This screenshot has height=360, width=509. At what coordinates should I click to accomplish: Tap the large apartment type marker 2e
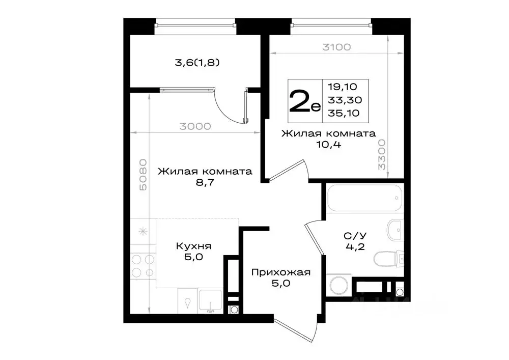pos(304,101)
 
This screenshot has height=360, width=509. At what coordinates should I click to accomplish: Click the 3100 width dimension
pos(336,47)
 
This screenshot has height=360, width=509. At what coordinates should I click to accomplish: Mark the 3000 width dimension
pos(194,127)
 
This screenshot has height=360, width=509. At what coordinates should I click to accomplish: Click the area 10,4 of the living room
pos(328,145)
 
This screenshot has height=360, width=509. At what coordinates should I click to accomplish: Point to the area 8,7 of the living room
pos(205,183)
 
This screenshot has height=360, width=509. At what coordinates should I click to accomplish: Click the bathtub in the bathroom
pos(364,199)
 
